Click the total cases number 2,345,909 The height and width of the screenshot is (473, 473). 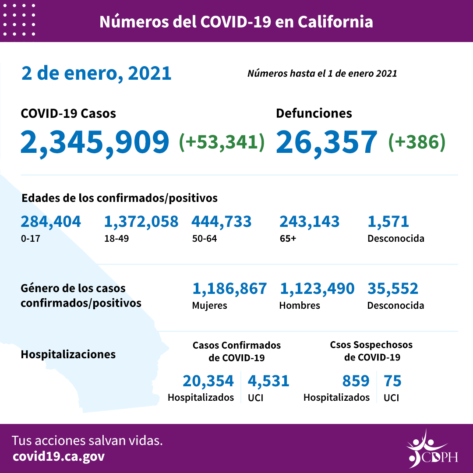pos(95,142)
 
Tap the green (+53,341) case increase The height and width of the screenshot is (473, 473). pos(222,141)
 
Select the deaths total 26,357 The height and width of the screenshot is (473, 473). pos(326,142)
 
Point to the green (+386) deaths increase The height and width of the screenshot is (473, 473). pos(417,141)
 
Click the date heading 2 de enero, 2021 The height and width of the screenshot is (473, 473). pos(96,73)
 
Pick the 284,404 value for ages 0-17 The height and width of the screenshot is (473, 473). pos(51,222)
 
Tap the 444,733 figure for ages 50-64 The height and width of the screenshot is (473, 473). pos(221,222)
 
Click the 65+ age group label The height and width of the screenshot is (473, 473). pos(287,239)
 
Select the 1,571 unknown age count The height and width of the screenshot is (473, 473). pos(388,222)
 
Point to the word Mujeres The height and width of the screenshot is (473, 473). pos(209,306)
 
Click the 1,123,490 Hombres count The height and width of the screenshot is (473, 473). pos(317,289)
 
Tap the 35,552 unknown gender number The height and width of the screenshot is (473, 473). pos(392,289)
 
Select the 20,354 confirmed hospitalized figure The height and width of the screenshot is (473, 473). pos(208,381)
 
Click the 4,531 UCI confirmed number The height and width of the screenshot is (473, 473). pos(268,381)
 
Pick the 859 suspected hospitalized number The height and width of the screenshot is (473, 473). pos(356,381)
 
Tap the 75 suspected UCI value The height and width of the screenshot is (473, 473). pos(392,381)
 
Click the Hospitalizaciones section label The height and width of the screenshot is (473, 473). pos(68,354)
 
